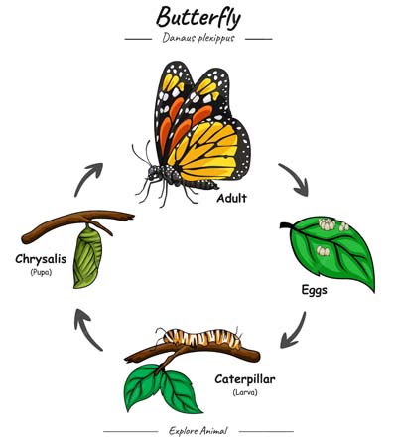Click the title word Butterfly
198,17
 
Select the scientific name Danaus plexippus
198,38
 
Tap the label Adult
232,198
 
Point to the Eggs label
314,291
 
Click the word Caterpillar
245,379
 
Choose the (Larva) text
245,393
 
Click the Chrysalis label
41,259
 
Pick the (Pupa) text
41,273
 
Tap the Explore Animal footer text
198,431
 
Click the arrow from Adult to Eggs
296,177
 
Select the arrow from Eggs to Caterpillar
296,331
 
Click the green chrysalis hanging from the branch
87,257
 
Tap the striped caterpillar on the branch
201,338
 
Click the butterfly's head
153,172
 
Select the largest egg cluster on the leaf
327,224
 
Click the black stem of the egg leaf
287,226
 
